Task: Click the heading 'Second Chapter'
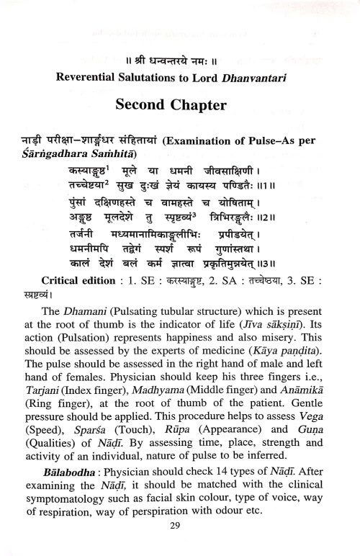pos(179,106)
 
